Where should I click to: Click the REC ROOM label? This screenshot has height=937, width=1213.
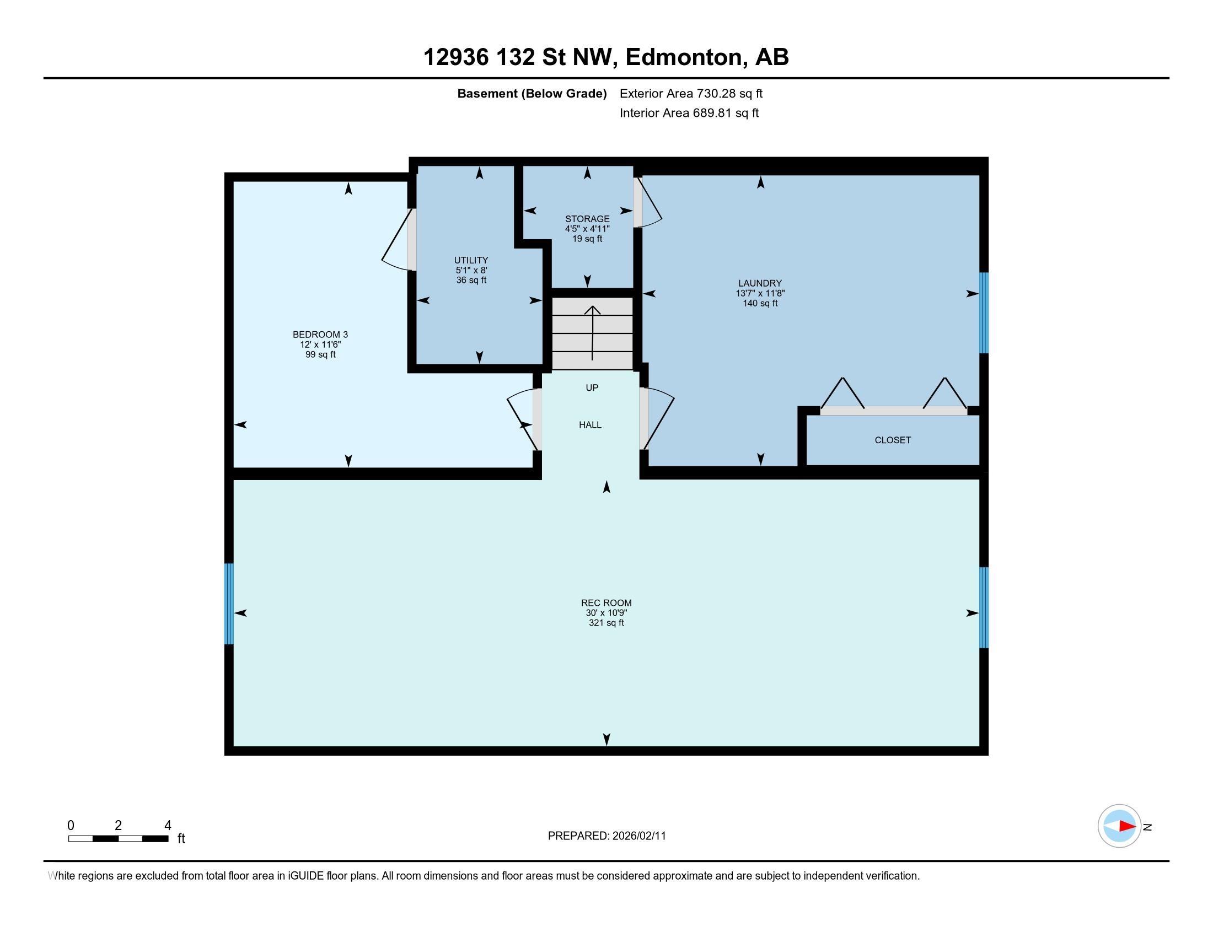(606, 603)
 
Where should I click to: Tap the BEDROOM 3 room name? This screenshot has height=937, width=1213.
(320, 335)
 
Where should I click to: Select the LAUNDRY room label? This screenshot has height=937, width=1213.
(760, 283)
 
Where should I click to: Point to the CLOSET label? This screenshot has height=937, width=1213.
(893, 440)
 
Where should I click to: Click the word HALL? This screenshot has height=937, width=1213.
(590, 424)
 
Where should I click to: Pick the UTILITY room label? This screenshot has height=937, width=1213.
(471, 260)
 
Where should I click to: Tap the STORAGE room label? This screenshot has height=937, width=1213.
(587, 219)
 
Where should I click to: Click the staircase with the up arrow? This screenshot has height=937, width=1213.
(592, 333)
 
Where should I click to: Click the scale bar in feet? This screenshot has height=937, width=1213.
(119, 839)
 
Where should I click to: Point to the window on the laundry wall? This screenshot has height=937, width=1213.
(984, 313)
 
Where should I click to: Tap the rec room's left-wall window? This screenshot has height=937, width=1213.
(229, 604)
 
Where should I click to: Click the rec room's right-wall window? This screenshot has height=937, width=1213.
(984, 607)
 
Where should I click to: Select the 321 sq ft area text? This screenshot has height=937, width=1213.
(606, 623)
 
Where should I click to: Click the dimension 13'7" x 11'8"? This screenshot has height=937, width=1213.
(760, 293)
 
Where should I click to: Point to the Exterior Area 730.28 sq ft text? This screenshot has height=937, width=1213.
(691, 93)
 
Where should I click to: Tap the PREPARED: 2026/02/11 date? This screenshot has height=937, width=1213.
(606, 836)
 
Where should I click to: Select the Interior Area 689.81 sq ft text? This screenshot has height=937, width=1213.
(689, 112)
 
